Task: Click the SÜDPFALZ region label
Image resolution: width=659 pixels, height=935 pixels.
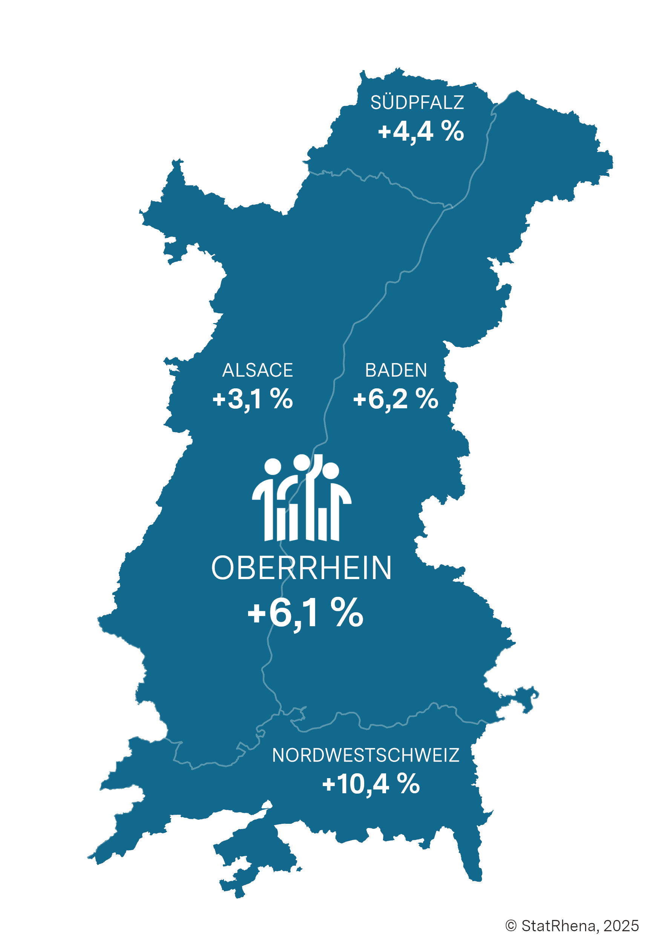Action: (x=417, y=103)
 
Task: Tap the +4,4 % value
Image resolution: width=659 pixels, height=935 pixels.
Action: (x=421, y=132)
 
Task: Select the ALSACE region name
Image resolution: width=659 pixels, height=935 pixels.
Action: (x=257, y=370)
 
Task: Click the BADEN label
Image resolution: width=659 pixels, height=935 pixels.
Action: (x=396, y=370)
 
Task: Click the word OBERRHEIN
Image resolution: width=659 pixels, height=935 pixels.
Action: (x=301, y=568)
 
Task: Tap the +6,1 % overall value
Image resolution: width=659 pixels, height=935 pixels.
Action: (x=305, y=613)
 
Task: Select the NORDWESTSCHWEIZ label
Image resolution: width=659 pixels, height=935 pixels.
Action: (x=365, y=755)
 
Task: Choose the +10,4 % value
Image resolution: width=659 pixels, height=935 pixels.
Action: (x=371, y=783)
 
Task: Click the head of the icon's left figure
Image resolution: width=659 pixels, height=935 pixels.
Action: (x=273, y=467)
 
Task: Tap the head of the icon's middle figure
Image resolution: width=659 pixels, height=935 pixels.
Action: (x=302, y=462)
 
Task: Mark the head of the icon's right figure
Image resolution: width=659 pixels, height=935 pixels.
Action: (x=330, y=471)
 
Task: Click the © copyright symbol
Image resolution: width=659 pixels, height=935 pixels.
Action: (x=511, y=926)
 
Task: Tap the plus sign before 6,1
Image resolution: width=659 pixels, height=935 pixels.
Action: (x=257, y=613)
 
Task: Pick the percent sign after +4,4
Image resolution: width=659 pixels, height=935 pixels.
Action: (x=452, y=131)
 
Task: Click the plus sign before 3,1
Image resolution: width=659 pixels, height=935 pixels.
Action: (x=219, y=399)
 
